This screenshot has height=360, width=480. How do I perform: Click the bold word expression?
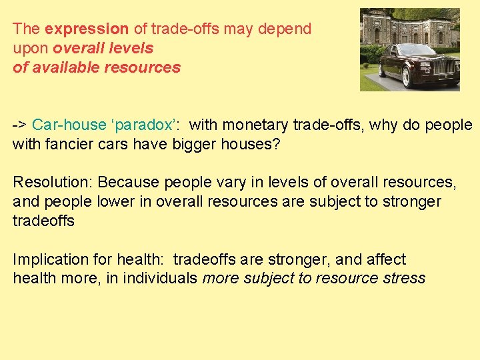point(86,29)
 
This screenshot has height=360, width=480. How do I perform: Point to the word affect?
point(383,259)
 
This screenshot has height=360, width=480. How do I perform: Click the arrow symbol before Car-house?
point(19,125)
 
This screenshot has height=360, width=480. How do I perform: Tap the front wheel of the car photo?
point(406,79)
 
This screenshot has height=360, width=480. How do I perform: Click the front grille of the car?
point(446,66)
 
